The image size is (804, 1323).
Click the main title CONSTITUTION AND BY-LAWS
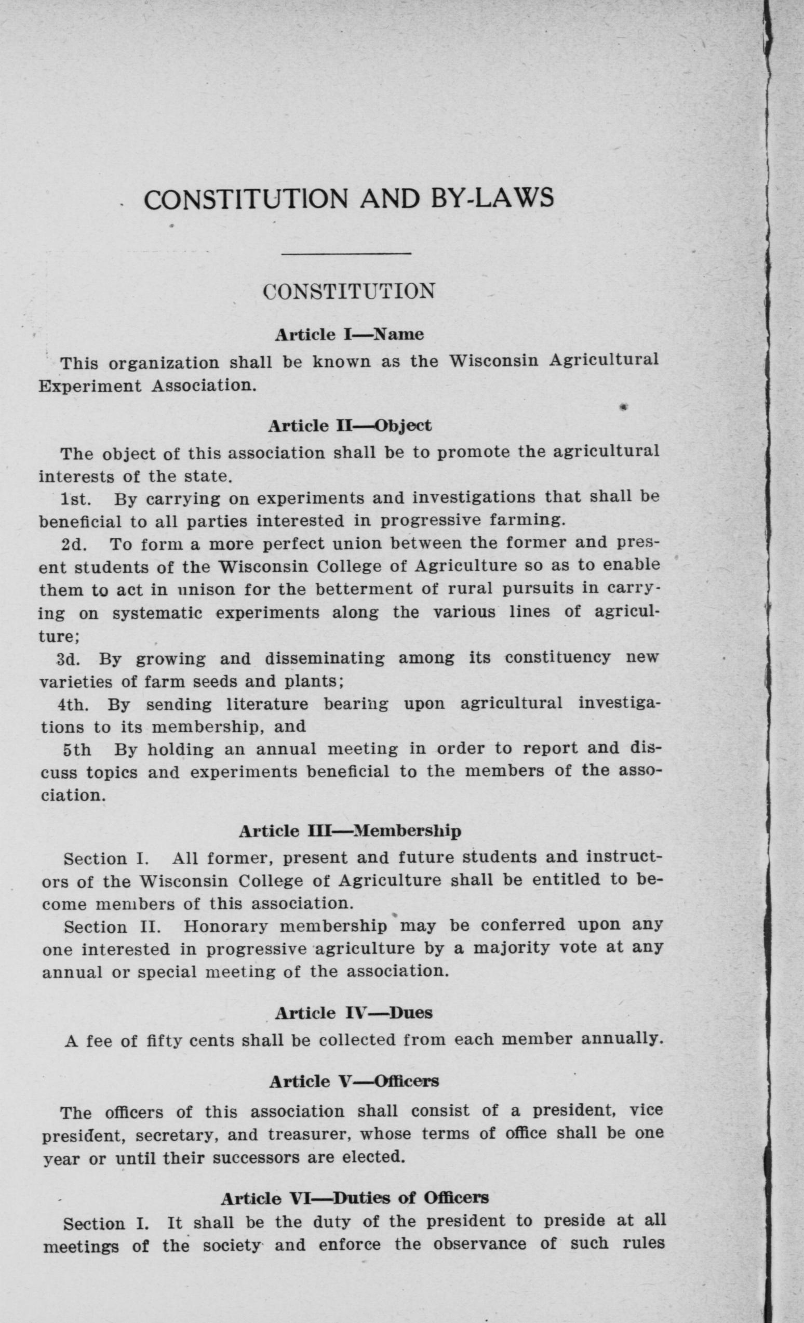(x=349, y=199)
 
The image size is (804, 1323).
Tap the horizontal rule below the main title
(x=346, y=254)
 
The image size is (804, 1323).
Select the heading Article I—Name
(x=350, y=335)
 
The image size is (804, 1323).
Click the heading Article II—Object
(x=350, y=426)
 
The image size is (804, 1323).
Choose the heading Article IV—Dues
(x=353, y=1013)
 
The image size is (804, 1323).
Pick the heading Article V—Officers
(x=354, y=1081)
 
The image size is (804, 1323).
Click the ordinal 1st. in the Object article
(x=75, y=500)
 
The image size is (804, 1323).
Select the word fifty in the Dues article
(x=160, y=1041)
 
